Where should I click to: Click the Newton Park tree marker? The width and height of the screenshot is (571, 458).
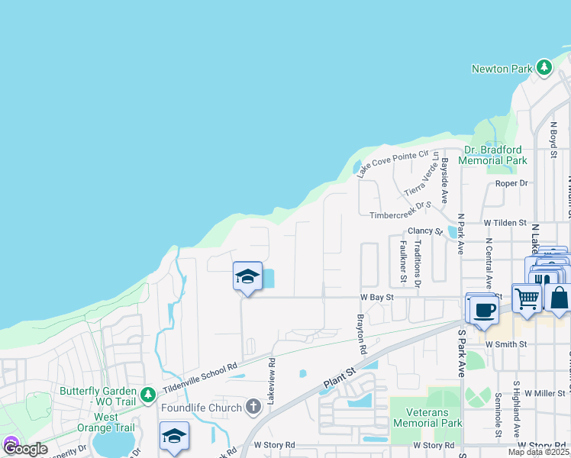[x=544, y=69]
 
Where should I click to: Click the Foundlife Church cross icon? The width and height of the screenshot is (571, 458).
[x=254, y=407]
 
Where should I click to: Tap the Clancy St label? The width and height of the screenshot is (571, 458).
[x=425, y=231]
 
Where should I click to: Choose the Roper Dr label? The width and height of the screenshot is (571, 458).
[x=511, y=183]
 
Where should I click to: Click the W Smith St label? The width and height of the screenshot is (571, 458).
[x=506, y=344]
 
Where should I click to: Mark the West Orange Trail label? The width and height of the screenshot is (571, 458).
[x=106, y=423]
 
